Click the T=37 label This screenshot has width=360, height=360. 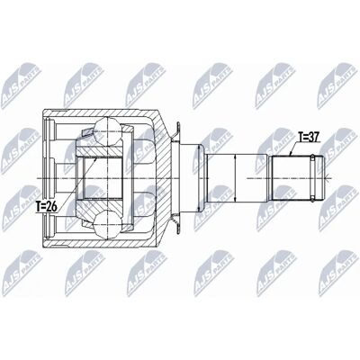pyautogui.click(x=310, y=137)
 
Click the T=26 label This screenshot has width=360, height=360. pyautogui.click(x=47, y=207)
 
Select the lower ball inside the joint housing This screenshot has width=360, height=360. pyautogui.click(x=107, y=222)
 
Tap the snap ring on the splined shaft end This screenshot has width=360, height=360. pyautogui.click(x=312, y=178)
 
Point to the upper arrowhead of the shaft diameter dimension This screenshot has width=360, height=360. pyautogui.click(x=236, y=157)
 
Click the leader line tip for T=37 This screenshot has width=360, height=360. pyautogui.click(x=290, y=155)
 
